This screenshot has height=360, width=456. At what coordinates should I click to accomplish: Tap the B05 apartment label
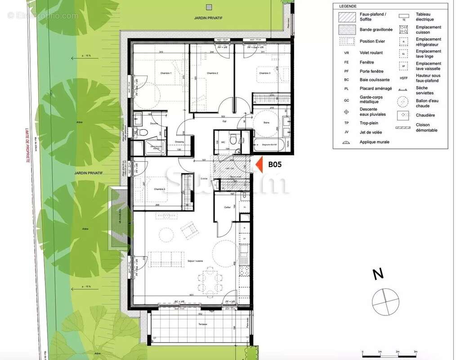click(x=275, y=164)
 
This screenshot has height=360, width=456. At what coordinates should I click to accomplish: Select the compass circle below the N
click(x=385, y=301)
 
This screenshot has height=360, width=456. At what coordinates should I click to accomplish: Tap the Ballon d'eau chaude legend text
click(x=428, y=103)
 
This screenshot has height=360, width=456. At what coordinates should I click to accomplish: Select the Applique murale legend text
click(x=374, y=142)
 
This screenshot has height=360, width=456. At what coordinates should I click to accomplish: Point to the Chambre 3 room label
click(x=264, y=73)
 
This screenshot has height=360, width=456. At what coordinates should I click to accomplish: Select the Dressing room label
click(x=179, y=142)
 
